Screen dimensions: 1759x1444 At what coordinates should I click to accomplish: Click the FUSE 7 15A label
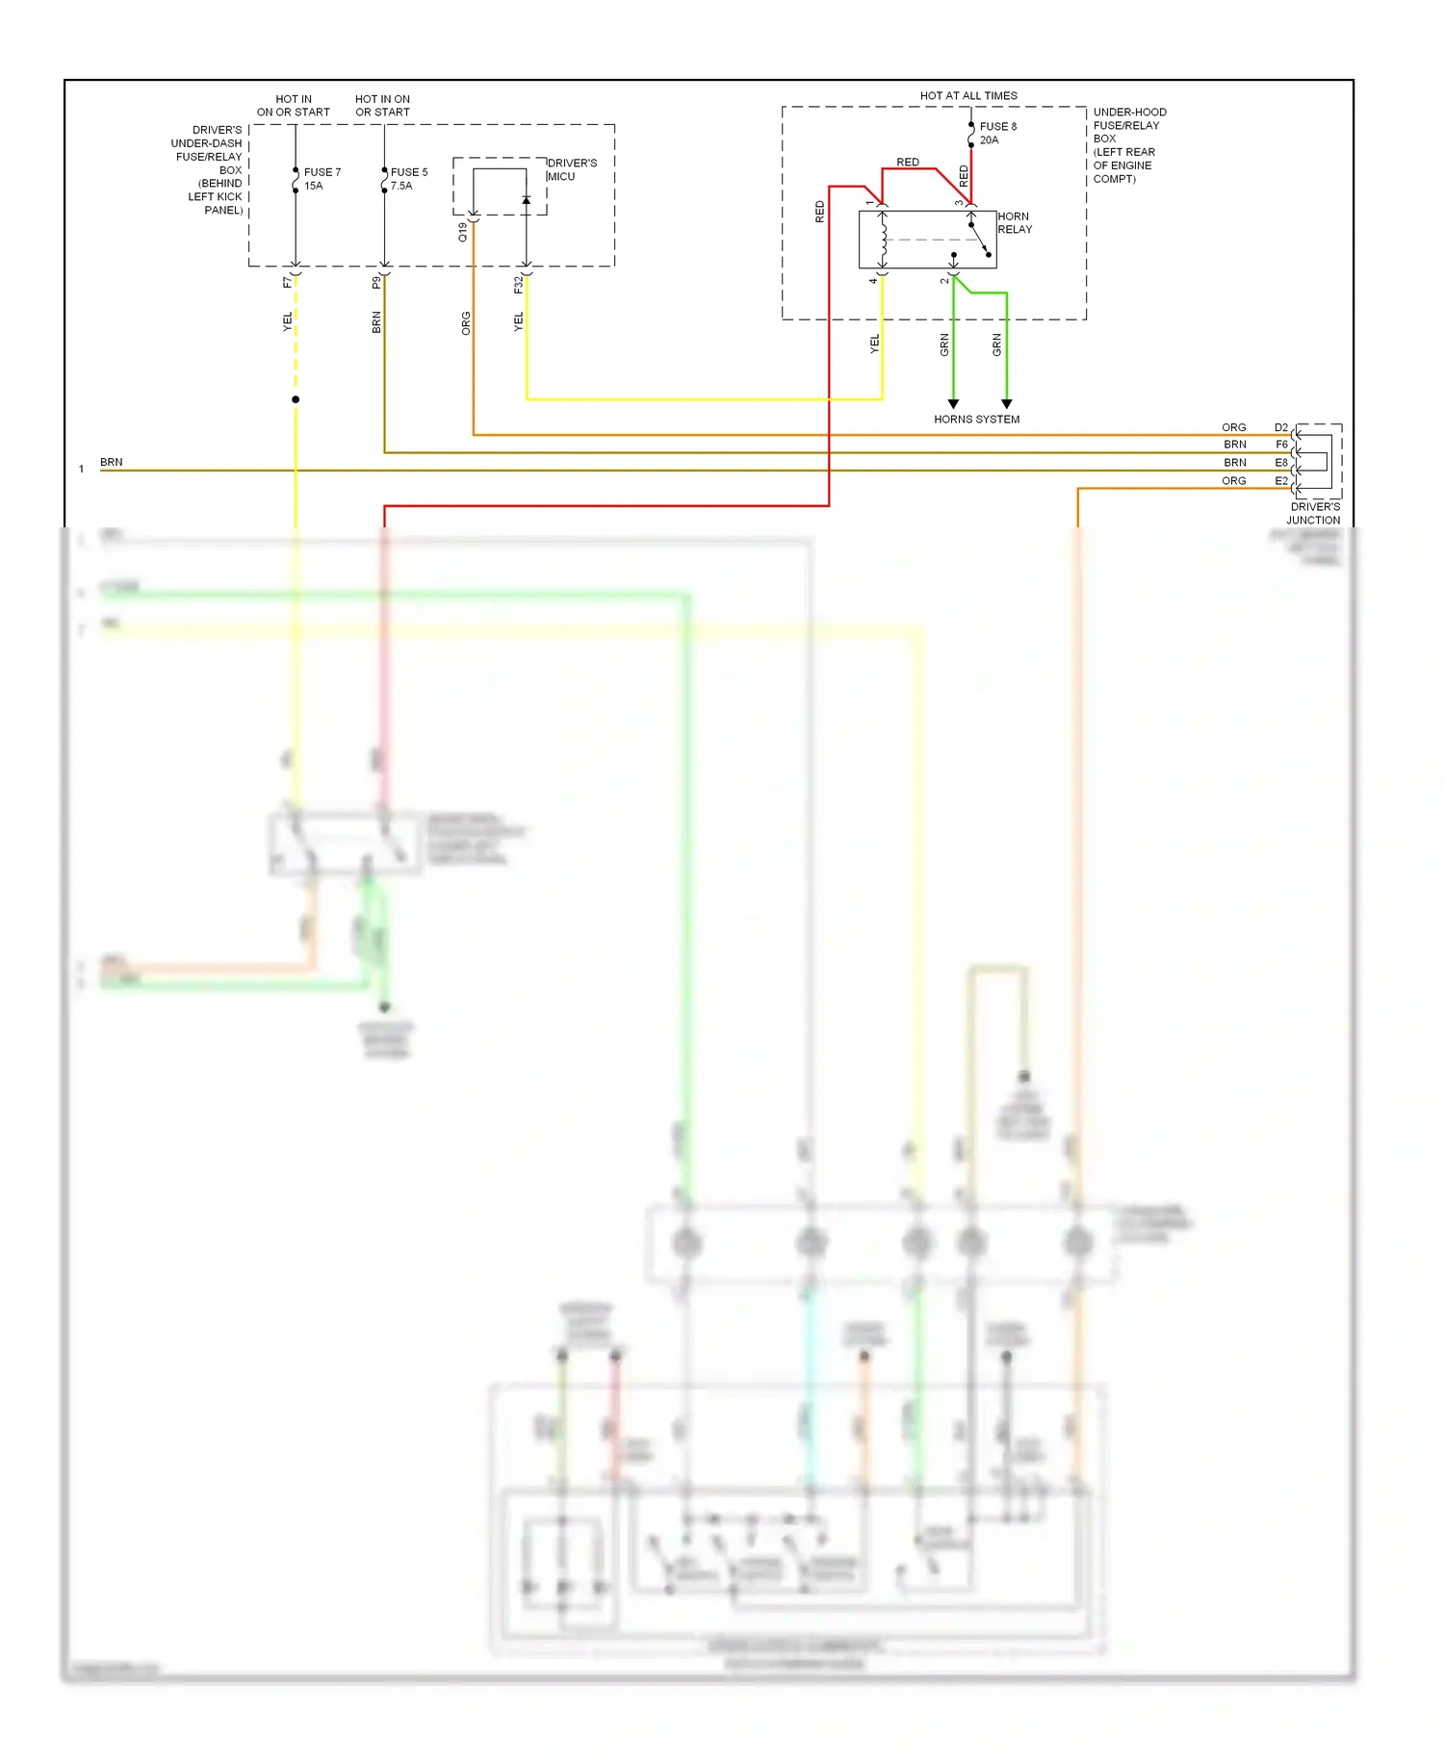322,179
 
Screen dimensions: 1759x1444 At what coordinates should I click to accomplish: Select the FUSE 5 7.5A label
408,179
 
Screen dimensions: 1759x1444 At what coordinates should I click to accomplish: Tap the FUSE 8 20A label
997,133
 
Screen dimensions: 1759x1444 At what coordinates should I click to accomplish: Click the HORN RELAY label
1015,223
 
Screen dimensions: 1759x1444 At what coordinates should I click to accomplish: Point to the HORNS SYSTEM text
976,420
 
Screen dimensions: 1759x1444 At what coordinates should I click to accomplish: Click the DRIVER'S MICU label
572,169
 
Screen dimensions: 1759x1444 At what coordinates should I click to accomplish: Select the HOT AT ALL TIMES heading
968,96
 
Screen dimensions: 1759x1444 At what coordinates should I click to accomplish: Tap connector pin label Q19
463,232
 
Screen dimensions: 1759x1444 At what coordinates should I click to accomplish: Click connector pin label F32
518,285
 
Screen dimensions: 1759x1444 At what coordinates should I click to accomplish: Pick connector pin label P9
376,283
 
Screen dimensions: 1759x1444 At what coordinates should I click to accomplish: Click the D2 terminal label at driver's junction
1280,427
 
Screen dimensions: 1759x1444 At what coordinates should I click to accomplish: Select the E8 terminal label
1280,463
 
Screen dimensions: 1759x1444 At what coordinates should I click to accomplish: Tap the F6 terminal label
1281,445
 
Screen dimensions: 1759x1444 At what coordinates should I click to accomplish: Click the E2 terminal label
1280,481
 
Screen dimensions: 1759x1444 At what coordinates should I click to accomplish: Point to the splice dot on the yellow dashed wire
296,399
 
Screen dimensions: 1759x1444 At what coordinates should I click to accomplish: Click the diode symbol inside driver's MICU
526,200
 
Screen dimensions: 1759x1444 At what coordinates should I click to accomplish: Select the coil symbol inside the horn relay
883,240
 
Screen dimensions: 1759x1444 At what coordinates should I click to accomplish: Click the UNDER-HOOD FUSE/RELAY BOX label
1128,145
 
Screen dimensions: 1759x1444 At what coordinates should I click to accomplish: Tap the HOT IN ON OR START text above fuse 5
382,106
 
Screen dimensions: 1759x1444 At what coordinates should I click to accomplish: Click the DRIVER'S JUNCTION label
1314,513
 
